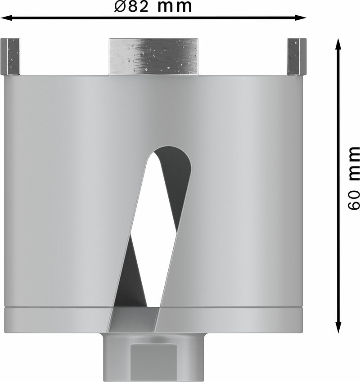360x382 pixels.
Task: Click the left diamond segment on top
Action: click(x=10, y=57)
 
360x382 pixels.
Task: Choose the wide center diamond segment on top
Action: click(x=153, y=57)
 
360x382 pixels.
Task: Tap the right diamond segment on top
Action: click(x=296, y=57)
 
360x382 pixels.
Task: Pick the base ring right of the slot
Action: click(x=229, y=320)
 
